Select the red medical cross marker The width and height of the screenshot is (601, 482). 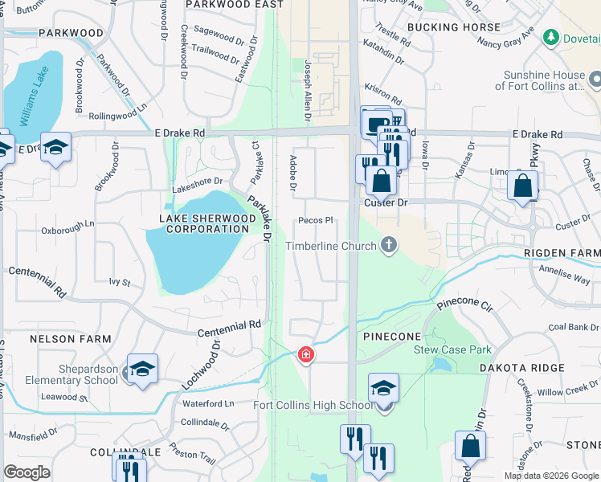click(305, 353)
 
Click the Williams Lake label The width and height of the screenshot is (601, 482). click(35, 97)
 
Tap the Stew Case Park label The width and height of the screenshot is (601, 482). click(452, 349)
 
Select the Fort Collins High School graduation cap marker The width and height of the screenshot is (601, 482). click(383, 388)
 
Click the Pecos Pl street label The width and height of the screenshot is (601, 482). click(315, 220)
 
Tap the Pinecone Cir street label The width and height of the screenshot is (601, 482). click(464, 306)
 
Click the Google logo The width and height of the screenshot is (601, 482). click(27, 472)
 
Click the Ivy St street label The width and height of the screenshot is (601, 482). click(119, 282)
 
